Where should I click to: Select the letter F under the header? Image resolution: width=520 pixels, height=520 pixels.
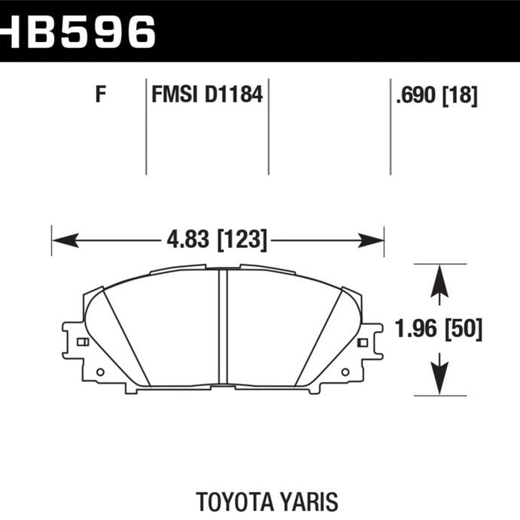click(x=99, y=96)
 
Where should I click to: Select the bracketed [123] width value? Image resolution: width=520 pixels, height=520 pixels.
click(x=242, y=241)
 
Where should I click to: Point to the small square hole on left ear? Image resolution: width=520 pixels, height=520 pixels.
click(x=82, y=342)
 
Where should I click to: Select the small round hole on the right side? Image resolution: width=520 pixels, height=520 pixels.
click(x=345, y=371)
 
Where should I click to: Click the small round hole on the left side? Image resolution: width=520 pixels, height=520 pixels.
click(x=100, y=371)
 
